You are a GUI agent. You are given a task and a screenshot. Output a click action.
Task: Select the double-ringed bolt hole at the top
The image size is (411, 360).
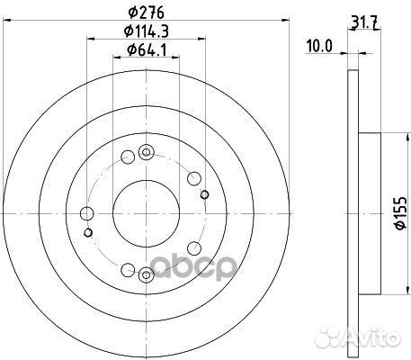[147, 153]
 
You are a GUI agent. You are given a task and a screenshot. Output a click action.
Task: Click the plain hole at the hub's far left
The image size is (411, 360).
[86, 213]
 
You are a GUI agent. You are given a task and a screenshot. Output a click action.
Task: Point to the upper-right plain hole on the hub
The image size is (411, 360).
[193, 175]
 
